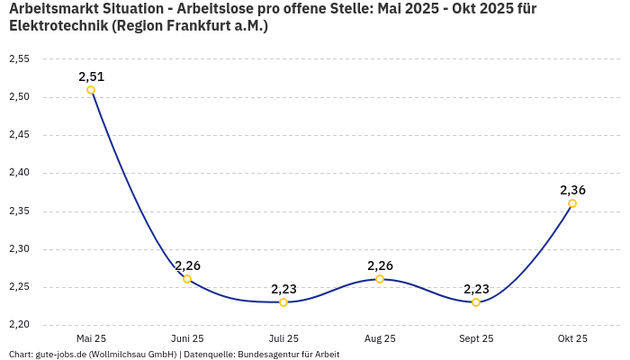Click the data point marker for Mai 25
click(x=91, y=90)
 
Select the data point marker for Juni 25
click(x=187, y=279)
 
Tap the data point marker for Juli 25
click(x=283, y=302)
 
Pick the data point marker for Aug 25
click(x=380, y=279)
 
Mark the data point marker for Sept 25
click(x=476, y=302)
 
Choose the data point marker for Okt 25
click(x=572, y=203)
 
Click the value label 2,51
click(x=91, y=76)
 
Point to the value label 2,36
click(x=572, y=190)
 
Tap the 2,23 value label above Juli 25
click(x=283, y=289)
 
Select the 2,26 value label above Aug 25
click(x=380, y=265)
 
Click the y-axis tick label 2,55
click(x=19, y=59)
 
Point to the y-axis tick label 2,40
click(x=19, y=173)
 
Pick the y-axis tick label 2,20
click(x=19, y=325)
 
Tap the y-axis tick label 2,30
click(x=19, y=249)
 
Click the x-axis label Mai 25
click(x=91, y=338)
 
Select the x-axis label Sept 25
click(x=476, y=338)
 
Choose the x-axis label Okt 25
click(x=572, y=338)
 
